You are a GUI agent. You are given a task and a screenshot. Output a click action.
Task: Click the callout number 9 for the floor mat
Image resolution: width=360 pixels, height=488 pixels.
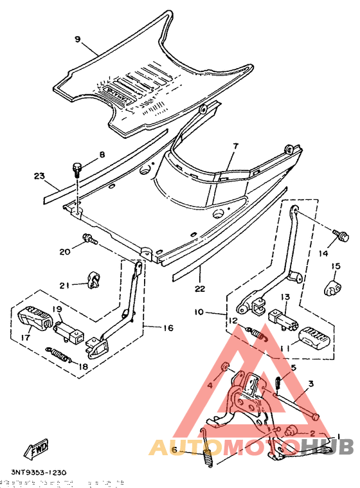(x=77, y=39)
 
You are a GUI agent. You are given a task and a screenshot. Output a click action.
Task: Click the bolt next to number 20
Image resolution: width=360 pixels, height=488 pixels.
(x=89, y=242)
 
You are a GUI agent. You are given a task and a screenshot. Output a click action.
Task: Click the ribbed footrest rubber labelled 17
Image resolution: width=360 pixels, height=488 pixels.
(x=35, y=318)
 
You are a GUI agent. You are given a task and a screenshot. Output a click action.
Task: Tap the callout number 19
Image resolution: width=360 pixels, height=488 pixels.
(x=57, y=309)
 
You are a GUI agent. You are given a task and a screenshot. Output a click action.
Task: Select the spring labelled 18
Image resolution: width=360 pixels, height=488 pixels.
(x=60, y=352)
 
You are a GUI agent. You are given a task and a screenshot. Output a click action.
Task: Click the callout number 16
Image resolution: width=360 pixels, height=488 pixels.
(x=167, y=328)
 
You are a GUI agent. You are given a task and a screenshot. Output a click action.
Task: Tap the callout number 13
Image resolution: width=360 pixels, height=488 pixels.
(x=284, y=296)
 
